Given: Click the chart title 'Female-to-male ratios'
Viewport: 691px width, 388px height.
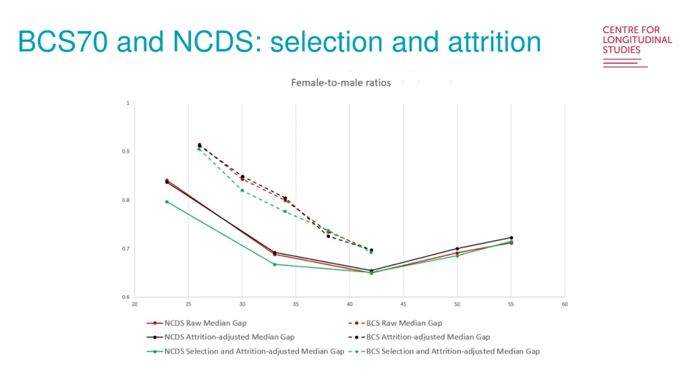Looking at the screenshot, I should coord(341,83).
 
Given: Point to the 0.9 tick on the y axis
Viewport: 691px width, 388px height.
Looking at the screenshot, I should coord(126,152).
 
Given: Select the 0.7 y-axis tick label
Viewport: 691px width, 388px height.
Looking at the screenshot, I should coord(126,249).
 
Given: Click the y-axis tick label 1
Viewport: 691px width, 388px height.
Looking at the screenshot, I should coord(128,103).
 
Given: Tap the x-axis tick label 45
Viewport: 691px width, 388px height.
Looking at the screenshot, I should coord(403,304).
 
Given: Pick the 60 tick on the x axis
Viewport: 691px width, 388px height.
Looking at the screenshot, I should coord(564,304).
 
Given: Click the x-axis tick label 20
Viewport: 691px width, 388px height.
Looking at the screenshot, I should coord(134,304).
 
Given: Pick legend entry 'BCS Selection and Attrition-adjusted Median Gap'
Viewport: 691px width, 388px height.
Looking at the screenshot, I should coord(453,351).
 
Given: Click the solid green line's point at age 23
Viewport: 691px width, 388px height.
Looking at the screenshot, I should coord(167,201).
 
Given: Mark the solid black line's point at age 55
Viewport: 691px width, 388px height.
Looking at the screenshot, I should coord(511,238).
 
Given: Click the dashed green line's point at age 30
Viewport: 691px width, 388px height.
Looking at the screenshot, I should coord(242,190).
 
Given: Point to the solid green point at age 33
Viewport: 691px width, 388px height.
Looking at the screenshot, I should coord(275,264).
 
